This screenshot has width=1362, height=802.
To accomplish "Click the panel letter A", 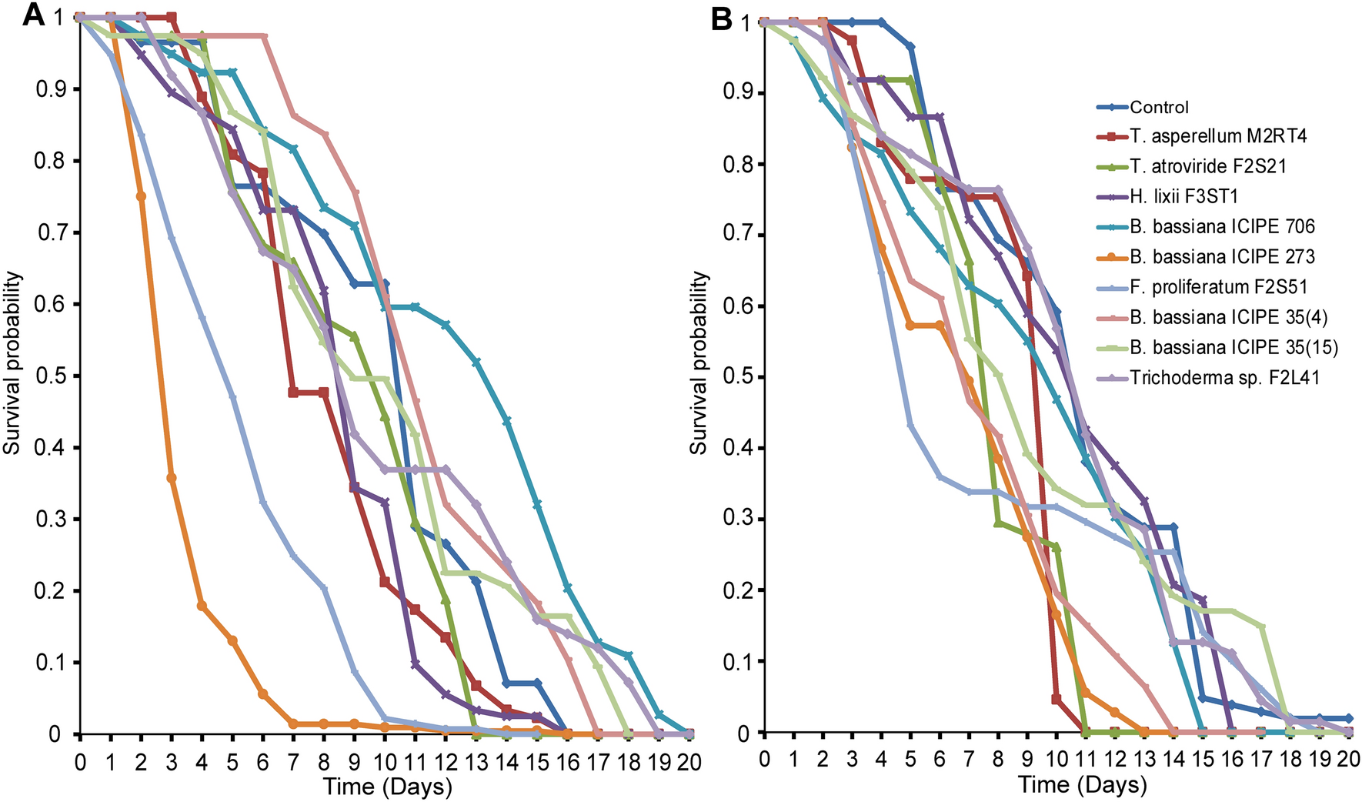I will [x=34, y=15].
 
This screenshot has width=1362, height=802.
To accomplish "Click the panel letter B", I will [x=721, y=18].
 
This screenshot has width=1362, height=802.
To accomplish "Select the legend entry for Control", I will [x=1159, y=107].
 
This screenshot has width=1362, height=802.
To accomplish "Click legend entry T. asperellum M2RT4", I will [x=1218, y=136].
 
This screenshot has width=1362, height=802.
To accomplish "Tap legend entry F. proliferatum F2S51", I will [x=1218, y=286].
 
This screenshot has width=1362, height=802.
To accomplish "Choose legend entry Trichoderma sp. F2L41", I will [x=1224, y=377].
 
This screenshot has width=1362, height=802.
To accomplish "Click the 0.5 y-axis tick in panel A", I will [x=48, y=376].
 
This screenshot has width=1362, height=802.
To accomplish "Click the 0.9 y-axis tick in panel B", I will [x=736, y=94].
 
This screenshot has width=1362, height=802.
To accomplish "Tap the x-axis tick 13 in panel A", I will [x=476, y=761].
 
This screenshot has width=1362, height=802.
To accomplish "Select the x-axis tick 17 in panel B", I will [x=1260, y=759].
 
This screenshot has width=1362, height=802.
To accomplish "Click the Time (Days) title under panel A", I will [x=387, y=787].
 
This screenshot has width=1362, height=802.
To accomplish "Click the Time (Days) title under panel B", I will [x=1082, y=785].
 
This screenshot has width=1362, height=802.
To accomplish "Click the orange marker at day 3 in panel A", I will [x=172, y=478].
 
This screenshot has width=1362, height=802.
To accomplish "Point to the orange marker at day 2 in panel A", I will [x=141, y=196].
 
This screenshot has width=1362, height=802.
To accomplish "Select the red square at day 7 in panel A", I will [x=293, y=393].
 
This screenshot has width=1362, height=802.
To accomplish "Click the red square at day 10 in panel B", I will [x=1056, y=699].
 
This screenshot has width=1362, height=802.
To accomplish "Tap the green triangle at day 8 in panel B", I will [x=997, y=523].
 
